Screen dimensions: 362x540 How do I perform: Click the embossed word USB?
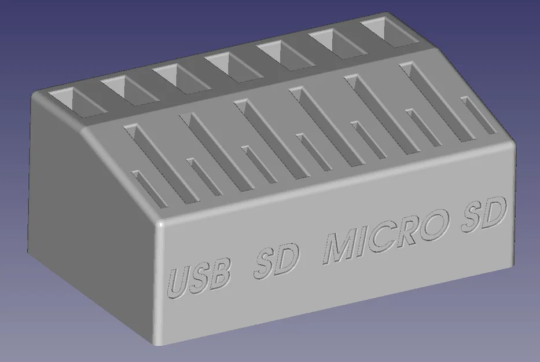coord(199,277)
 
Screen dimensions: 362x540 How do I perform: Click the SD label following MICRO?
coord(484,214)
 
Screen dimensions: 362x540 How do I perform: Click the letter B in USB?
coord(218,274)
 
